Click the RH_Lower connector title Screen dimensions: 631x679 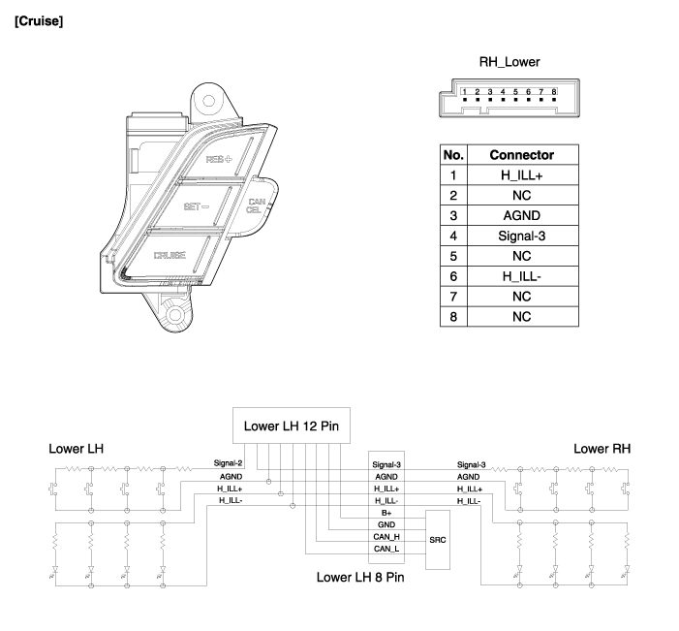pos(509,62)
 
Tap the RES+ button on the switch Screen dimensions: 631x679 pos(220,158)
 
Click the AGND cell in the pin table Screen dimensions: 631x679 pos(521,215)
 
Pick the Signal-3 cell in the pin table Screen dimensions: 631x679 pos(521,236)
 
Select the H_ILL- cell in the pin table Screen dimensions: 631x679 pos(521,276)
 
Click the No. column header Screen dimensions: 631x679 pos(453,154)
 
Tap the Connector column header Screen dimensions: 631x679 pos(521,154)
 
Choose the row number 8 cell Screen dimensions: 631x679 pos(453,317)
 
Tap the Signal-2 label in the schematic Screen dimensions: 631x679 pos(229,463)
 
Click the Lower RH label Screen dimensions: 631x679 pos(602,449)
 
